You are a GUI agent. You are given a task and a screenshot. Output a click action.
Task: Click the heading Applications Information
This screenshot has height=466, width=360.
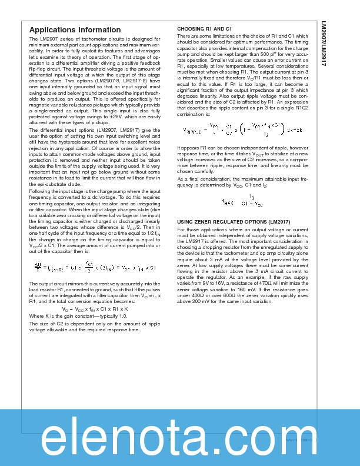(x=75, y=30)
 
